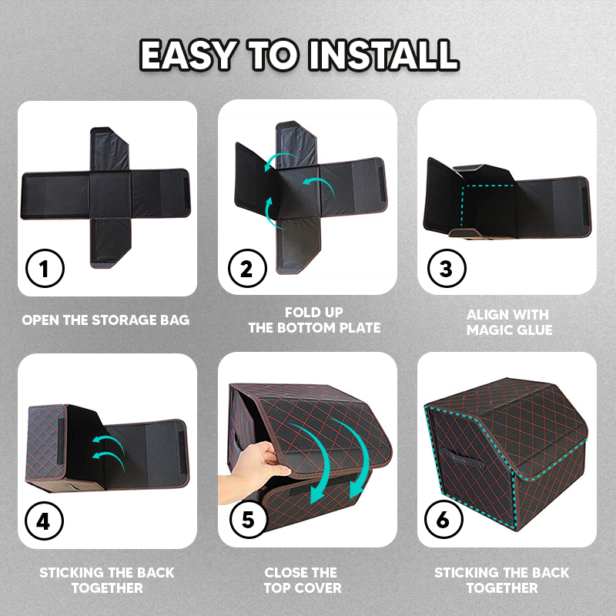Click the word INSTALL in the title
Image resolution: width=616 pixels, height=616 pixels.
click(383, 55)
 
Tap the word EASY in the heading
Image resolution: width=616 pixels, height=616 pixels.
click(188, 55)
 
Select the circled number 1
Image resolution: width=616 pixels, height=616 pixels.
click(45, 269)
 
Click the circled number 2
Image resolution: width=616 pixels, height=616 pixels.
click(247, 269)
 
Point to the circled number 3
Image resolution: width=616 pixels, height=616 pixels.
click(447, 269)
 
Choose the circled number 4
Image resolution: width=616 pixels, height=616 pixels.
click(44, 521)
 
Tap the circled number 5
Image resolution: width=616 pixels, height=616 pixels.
click(248, 519)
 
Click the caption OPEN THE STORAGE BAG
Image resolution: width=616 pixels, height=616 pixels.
click(105, 320)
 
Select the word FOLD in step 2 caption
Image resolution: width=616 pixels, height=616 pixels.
click(300, 313)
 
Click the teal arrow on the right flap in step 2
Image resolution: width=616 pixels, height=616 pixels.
click(319, 185)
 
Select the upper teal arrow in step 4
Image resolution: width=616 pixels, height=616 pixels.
click(109, 442)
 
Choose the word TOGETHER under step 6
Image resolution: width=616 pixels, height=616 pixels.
click(502, 588)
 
